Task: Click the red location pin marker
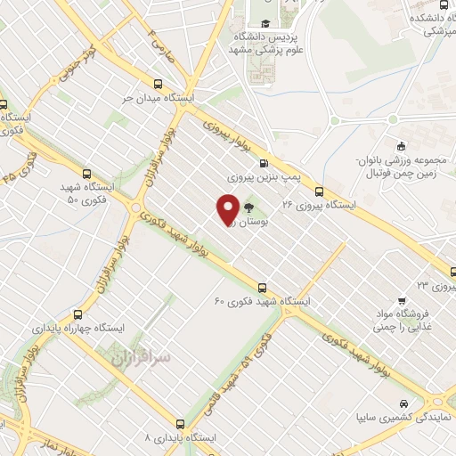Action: pyautogui.click(x=228, y=209)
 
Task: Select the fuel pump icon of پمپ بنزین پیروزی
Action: pyautogui.click(x=263, y=163)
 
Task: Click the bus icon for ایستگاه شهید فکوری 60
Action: pyautogui.click(x=262, y=287)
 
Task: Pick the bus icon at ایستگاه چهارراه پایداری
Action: pyautogui.click(x=78, y=314)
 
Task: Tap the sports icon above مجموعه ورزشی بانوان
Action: pyautogui.click(x=401, y=147)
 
